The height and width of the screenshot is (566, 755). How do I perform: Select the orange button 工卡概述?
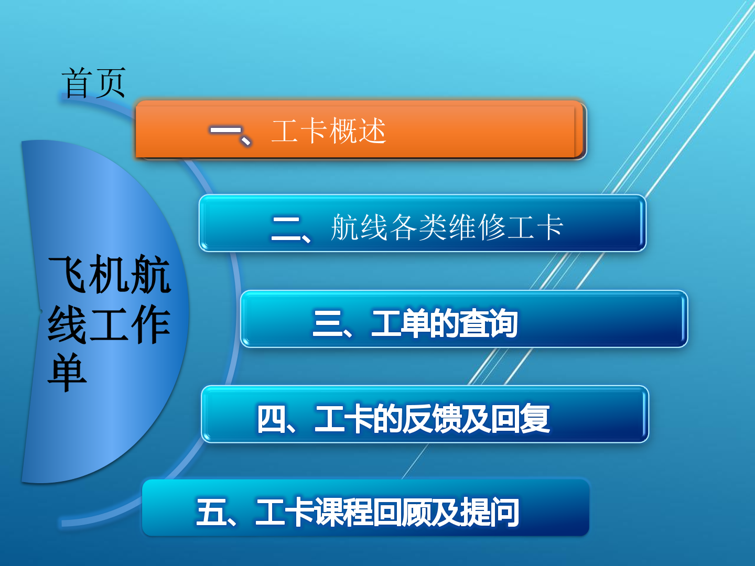pyautogui.click(x=361, y=130)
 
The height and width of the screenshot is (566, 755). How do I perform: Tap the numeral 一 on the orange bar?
pyautogui.click(x=225, y=130)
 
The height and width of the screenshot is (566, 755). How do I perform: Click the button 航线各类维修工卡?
pyautogui.click(x=423, y=223)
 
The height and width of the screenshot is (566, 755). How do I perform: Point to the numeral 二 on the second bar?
pyautogui.click(x=286, y=228)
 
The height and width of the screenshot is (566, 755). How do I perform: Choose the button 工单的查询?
pyautogui.click(x=464, y=319)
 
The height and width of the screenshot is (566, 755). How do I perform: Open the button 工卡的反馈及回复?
pyautogui.click(x=425, y=414)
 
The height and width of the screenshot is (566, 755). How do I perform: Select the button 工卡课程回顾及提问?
pyautogui.click(x=366, y=508)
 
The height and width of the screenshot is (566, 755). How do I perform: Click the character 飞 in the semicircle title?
pyautogui.click(x=68, y=274)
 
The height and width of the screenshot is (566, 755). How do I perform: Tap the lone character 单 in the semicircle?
pyautogui.click(x=67, y=372)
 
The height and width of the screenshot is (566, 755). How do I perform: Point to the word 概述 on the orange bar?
pyautogui.click(x=358, y=130)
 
